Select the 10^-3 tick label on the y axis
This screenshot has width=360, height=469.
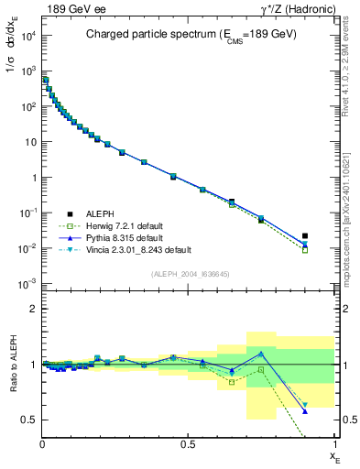[28, 284]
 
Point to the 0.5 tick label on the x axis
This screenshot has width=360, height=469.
[189, 443]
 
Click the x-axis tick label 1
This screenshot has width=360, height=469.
[333, 443]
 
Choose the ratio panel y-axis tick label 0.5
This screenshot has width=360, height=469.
[30, 420]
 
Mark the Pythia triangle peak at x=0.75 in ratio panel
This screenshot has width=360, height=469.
[261, 353]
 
